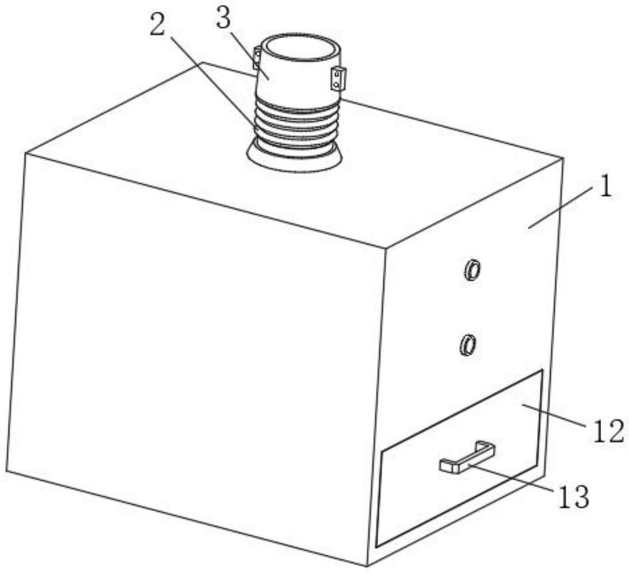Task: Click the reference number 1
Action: coord(605,187)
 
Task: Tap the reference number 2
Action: coord(158,24)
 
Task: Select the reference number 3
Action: coord(223,19)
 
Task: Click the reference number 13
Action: coord(573,497)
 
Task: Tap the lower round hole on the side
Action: coord(467,344)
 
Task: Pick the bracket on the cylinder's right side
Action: coord(338,79)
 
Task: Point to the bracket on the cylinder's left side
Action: coord(256,58)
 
